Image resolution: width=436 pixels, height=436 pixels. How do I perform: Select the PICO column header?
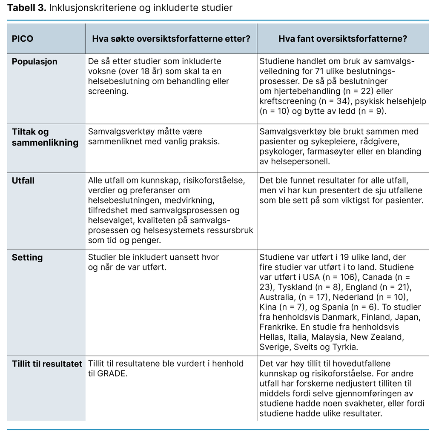22,38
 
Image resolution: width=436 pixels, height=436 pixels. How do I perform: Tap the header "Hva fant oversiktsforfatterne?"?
342,38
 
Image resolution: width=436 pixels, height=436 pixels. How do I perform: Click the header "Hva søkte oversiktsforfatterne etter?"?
171,38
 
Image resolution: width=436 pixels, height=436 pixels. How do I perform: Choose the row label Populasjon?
34,61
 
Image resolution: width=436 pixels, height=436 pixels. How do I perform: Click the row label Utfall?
23,181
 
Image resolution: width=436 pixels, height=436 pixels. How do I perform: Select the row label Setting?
27,258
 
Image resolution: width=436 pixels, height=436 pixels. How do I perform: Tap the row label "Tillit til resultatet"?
47,364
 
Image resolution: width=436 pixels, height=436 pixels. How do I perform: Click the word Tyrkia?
343,347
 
